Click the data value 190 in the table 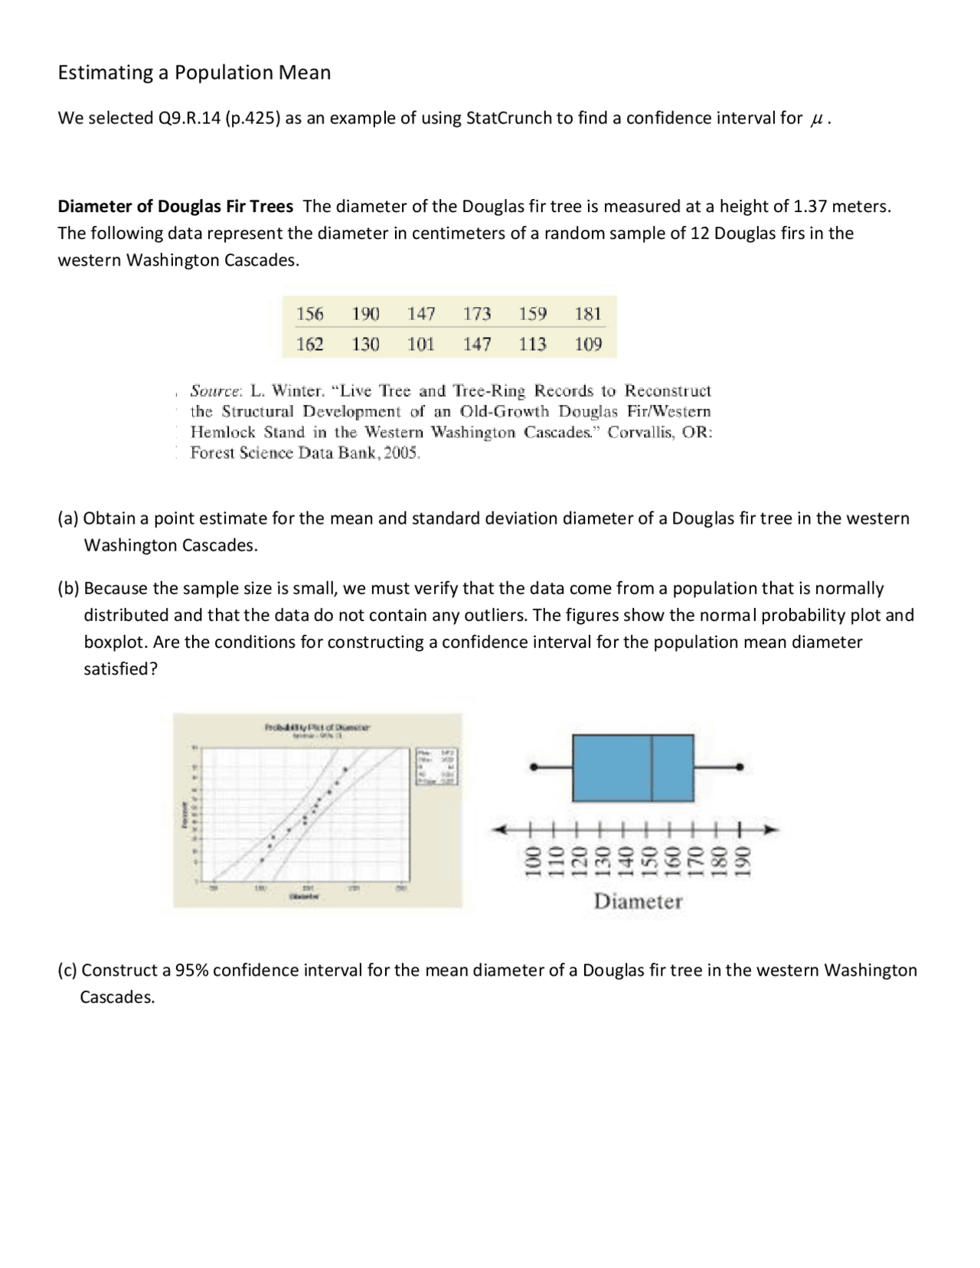[x=365, y=314]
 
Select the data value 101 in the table [x=420, y=345]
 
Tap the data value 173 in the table [x=476, y=314]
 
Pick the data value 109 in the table [x=588, y=345]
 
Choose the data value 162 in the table [x=309, y=345]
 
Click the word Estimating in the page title [x=106, y=73]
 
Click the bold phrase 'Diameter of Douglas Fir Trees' [x=175, y=206]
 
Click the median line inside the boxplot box [x=652, y=768]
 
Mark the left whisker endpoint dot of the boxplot [x=534, y=766]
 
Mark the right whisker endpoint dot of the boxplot [x=740, y=766]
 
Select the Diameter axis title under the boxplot [x=638, y=901]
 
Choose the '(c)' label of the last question [x=68, y=970]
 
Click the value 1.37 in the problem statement [x=811, y=206]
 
